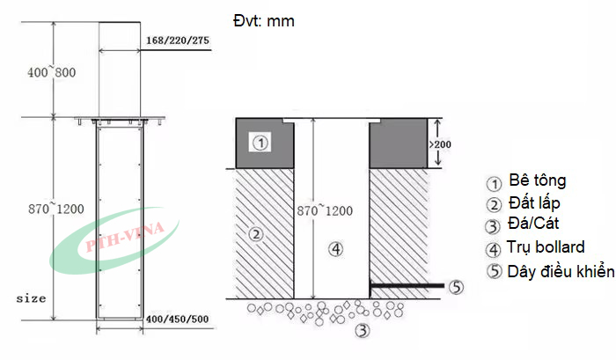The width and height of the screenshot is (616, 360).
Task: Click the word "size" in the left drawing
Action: tap(30, 298)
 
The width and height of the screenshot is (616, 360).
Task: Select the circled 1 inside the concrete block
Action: tap(260, 142)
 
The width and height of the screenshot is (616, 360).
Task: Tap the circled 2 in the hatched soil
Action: tap(256, 234)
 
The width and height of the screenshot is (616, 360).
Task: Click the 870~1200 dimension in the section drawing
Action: tap(323, 211)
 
